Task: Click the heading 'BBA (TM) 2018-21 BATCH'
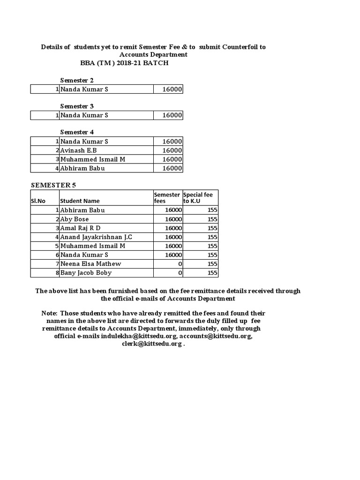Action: click(x=124, y=63)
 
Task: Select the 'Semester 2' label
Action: click(x=77, y=80)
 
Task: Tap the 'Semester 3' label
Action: click(x=77, y=106)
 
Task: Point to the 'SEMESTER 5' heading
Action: click(x=53, y=185)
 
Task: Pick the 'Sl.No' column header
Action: click(x=38, y=201)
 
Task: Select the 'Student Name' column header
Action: click(x=80, y=201)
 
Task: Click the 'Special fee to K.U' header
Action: click(x=200, y=198)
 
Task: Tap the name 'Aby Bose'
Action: click(x=75, y=219)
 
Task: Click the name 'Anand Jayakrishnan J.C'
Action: click(x=96, y=237)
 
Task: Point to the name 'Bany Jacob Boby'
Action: click(x=86, y=273)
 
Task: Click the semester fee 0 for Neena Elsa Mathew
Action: click(x=180, y=264)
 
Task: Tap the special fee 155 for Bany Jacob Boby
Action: click(x=212, y=273)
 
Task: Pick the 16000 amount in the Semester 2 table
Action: click(x=172, y=89)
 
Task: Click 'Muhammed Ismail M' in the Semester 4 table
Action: click(x=92, y=159)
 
